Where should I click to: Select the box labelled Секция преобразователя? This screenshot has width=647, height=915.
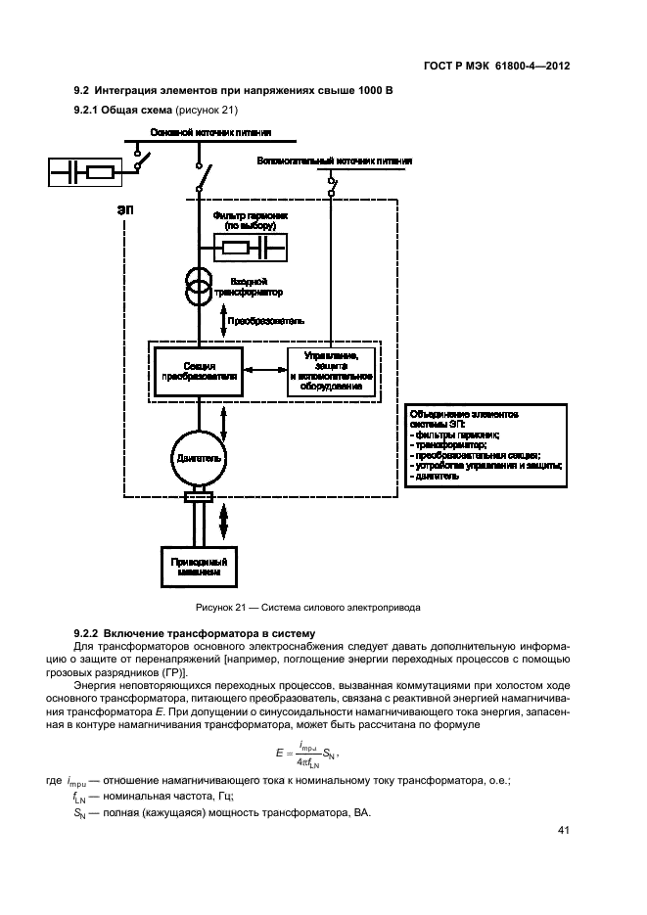coord(198,372)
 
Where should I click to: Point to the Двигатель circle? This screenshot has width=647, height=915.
coord(199,456)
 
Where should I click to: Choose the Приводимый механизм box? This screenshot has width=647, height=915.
coord(199,569)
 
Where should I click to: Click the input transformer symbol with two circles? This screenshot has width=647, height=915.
coord(199,285)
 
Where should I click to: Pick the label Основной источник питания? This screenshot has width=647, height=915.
coord(209,131)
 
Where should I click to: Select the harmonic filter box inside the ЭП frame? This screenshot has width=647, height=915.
coord(249,249)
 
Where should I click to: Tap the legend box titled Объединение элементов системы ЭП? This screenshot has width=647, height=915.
coord(485,445)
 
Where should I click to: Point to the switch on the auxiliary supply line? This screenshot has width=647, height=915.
coord(333,183)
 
